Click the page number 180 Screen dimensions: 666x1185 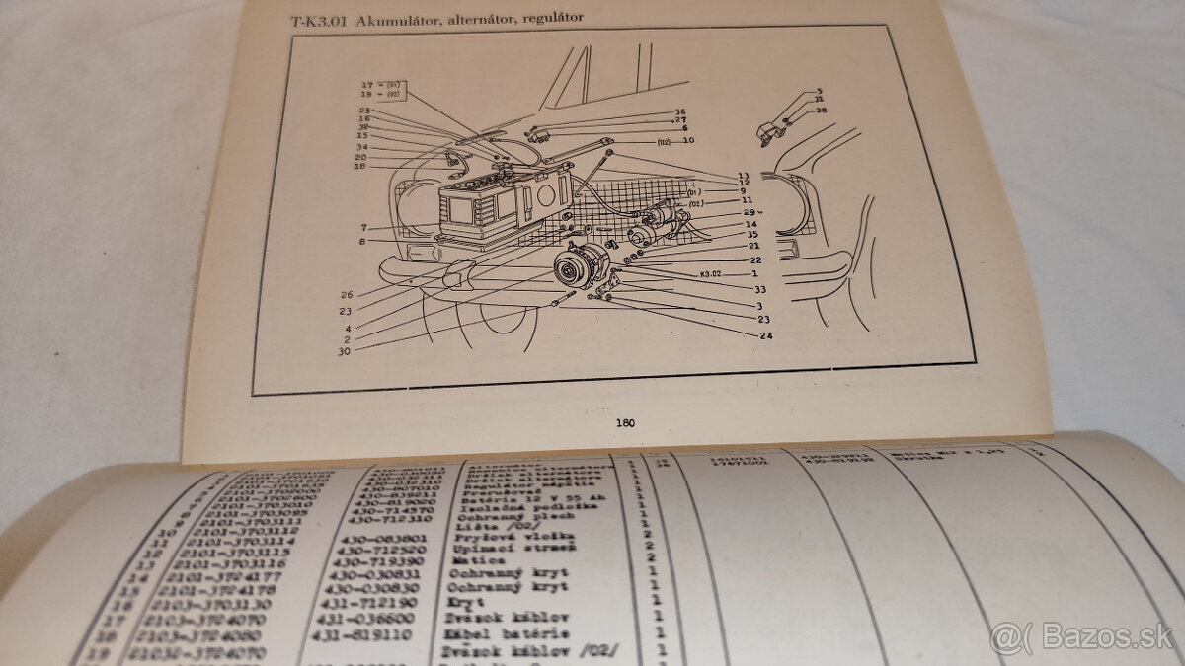tap(624, 422)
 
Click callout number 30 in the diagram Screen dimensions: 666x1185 tap(342, 350)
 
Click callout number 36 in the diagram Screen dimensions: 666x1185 tap(679, 111)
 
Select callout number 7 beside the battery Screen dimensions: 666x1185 tap(364, 228)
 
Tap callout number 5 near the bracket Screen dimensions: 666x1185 tap(819, 91)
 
